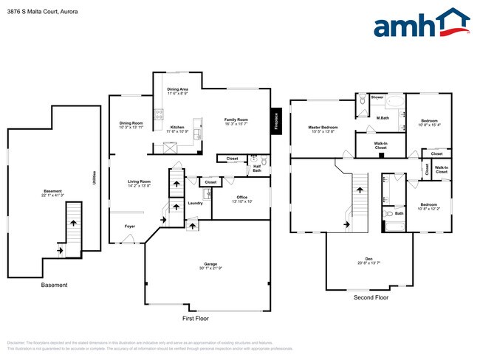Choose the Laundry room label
pyautogui.click(x=195, y=203)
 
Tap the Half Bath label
pyautogui.click(x=257, y=167)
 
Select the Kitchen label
pyautogui.click(x=177, y=128)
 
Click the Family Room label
pyautogui.click(x=236, y=120)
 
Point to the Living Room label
pyautogui.click(x=140, y=181)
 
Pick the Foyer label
pyautogui.click(x=129, y=226)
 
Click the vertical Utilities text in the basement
pyautogui.click(x=94, y=177)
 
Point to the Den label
pyautogui.click(x=366, y=259)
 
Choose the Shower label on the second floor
pyautogui.click(x=377, y=97)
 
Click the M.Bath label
pyautogui.click(x=383, y=118)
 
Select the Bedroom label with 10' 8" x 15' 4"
pyautogui.click(x=430, y=122)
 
